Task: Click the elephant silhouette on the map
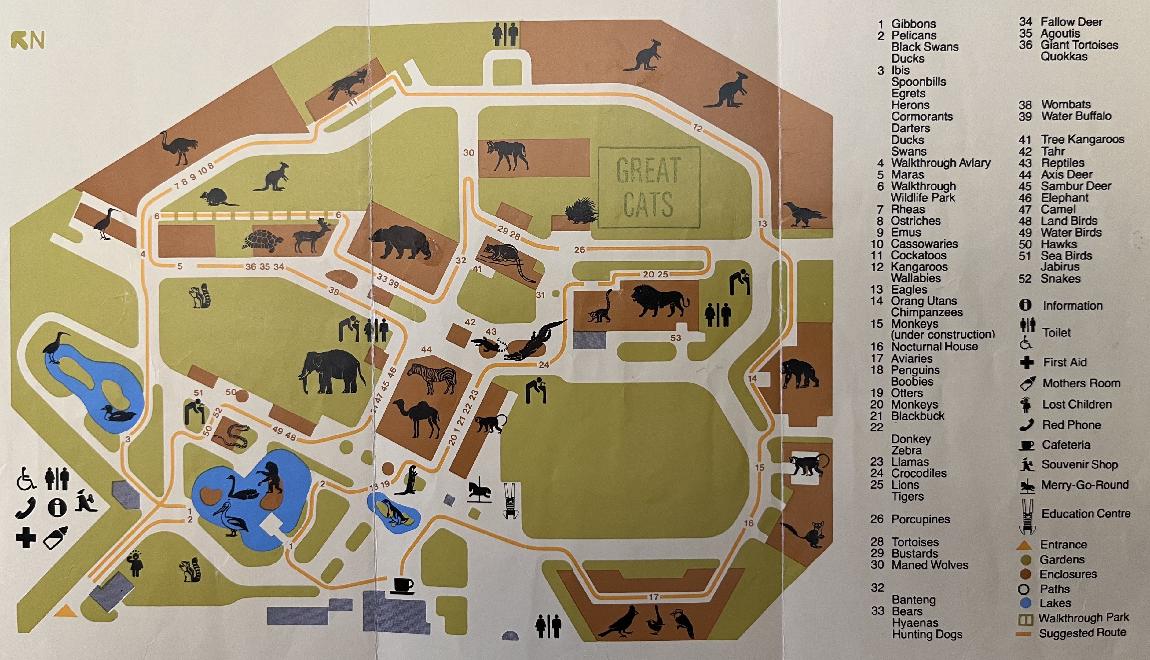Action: click(332, 372)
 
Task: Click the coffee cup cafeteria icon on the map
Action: click(402, 585)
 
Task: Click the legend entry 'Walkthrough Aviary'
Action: click(940, 163)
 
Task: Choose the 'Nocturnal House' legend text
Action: click(934, 347)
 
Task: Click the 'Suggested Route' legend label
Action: click(1082, 632)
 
